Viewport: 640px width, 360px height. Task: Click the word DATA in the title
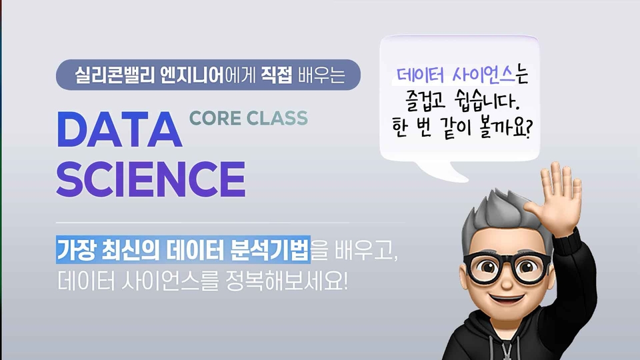(119, 129)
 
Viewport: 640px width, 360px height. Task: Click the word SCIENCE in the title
(151, 179)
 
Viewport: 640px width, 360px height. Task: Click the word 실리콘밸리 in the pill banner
(115, 75)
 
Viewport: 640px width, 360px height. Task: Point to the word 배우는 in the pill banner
(321, 75)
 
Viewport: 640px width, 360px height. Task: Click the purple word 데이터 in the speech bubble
(420, 75)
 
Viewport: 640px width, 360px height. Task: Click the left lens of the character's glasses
(485, 267)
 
